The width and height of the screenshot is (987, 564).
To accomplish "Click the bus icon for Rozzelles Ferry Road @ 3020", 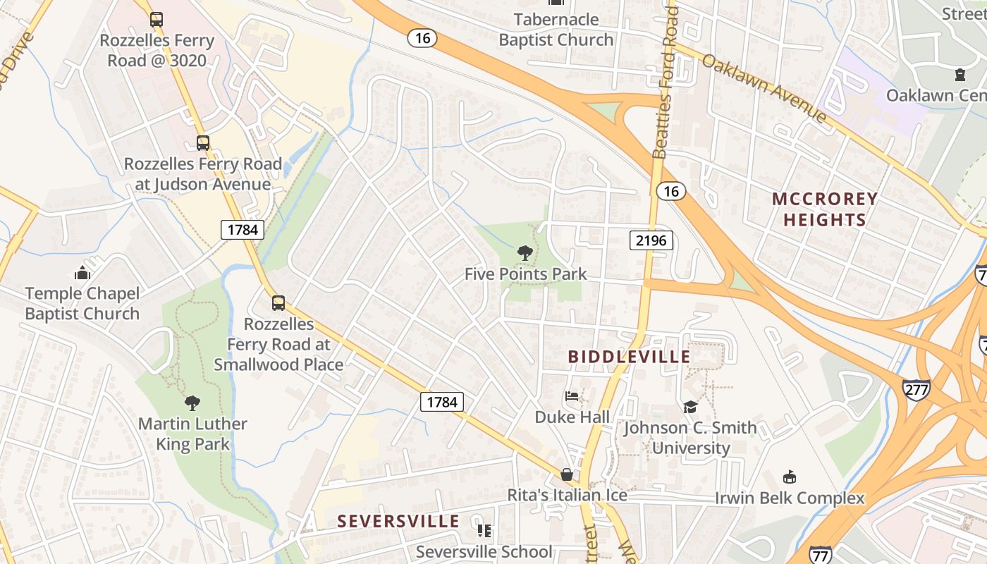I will pos(157,20).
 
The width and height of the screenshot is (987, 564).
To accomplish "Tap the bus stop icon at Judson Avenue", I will pos(203,143).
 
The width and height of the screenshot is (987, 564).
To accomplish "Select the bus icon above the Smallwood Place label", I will pos(278,303).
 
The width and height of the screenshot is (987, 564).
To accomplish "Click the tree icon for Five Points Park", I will pos(525,252).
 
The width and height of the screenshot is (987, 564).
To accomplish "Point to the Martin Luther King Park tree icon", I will pos(192,403).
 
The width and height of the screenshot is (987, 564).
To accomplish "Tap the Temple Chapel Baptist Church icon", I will pos(82,273).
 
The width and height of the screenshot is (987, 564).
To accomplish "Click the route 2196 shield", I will pos(651,240).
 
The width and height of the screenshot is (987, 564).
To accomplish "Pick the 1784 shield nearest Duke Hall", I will pos(442,402).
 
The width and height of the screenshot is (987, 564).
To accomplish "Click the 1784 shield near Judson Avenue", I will pos(242,229).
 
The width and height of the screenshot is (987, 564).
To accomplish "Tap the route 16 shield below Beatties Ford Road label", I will pos(670,190).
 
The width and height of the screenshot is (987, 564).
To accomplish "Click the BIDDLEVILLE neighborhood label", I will pos(629,357).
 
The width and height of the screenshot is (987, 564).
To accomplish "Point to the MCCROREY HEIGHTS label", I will pos(825,209).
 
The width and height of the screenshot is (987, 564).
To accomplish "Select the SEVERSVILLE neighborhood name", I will pos(398,522).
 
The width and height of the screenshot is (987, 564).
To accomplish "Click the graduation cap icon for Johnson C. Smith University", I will pos(690,407).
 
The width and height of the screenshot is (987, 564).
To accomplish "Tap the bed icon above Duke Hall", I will pos(572,396).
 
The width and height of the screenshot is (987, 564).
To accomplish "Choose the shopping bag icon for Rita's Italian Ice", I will pos(566,474).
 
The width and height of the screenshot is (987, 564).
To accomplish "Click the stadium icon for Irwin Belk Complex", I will pos(790,477).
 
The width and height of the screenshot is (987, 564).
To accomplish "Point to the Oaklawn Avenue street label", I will pos(764,87).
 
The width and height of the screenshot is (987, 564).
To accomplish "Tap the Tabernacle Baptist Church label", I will pos(556,30).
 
